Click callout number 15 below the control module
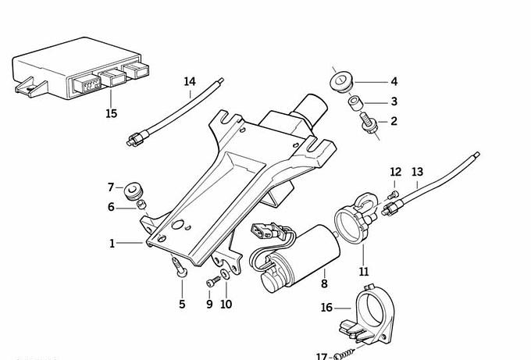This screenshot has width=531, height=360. click(x=111, y=114)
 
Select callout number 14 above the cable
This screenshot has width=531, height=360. click(x=190, y=81)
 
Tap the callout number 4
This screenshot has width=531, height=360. click(x=394, y=81)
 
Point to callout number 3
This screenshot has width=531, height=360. click(x=394, y=102)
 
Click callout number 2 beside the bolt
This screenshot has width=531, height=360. click(x=394, y=121)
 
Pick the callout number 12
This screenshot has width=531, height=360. click(x=395, y=172)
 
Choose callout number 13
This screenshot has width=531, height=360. click(x=417, y=172)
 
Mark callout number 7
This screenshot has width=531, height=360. click(x=110, y=187)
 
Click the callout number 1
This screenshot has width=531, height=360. click(x=112, y=244)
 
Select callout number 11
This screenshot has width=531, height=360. click(x=364, y=271)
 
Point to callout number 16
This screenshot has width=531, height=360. click(x=326, y=308)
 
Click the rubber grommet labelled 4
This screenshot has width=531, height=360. click(x=341, y=80)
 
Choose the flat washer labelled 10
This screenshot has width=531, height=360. click(x=226, y=275)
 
